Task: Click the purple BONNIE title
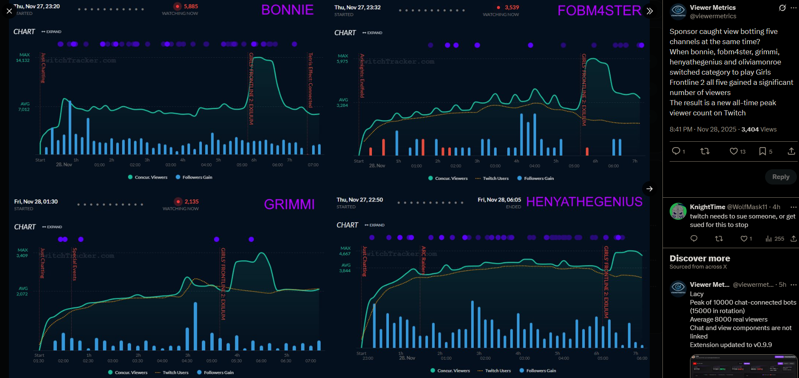pyautogui.click(x=287, y=10)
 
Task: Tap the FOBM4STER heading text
pyautogui.click(x=599, y=11)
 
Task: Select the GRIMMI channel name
pyautogui.click(x=289, y=204)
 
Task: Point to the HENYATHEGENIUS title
pyautogui.click(x=584, y=202)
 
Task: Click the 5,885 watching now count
pyautogui.click(x=191, y=6)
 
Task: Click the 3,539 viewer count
pyautogui.click(x=511, y=7)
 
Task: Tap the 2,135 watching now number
pyautogui.click(x=191, y=202)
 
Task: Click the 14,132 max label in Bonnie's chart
pyautogui.click(x=23, y=60)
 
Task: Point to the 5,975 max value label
pyautogui.click(x=342, y=62)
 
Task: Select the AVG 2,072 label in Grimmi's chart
pyautogui.click(x=22, y=294)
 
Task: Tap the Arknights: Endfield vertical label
pyautogui.click(x=362, y=76)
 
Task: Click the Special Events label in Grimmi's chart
pyautogui.click(x=75, y=264)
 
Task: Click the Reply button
pyautogui.click(x=780, y=177)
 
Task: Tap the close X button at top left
pyautogui.click(x=9, y=11)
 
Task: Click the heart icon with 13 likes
pyautogui.click(x=733, y=151)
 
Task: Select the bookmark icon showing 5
pyautogui.click(x=762, y=151)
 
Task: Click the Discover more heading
pyautogui.click(x=700, y=258)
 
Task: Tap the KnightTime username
pyautogui.click(x=707, y=207)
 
